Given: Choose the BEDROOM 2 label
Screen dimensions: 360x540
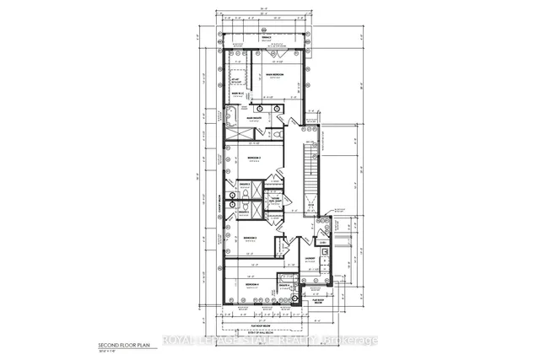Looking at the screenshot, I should [x=251, y=239].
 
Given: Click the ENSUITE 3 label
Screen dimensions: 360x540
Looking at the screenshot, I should [x=244, y=184].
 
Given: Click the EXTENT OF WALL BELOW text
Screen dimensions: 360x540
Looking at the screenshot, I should [x=267, y=336].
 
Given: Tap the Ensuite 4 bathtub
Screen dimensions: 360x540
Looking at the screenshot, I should [x=288, y=297].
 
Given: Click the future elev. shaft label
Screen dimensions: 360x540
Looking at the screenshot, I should [x=275, y=200].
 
